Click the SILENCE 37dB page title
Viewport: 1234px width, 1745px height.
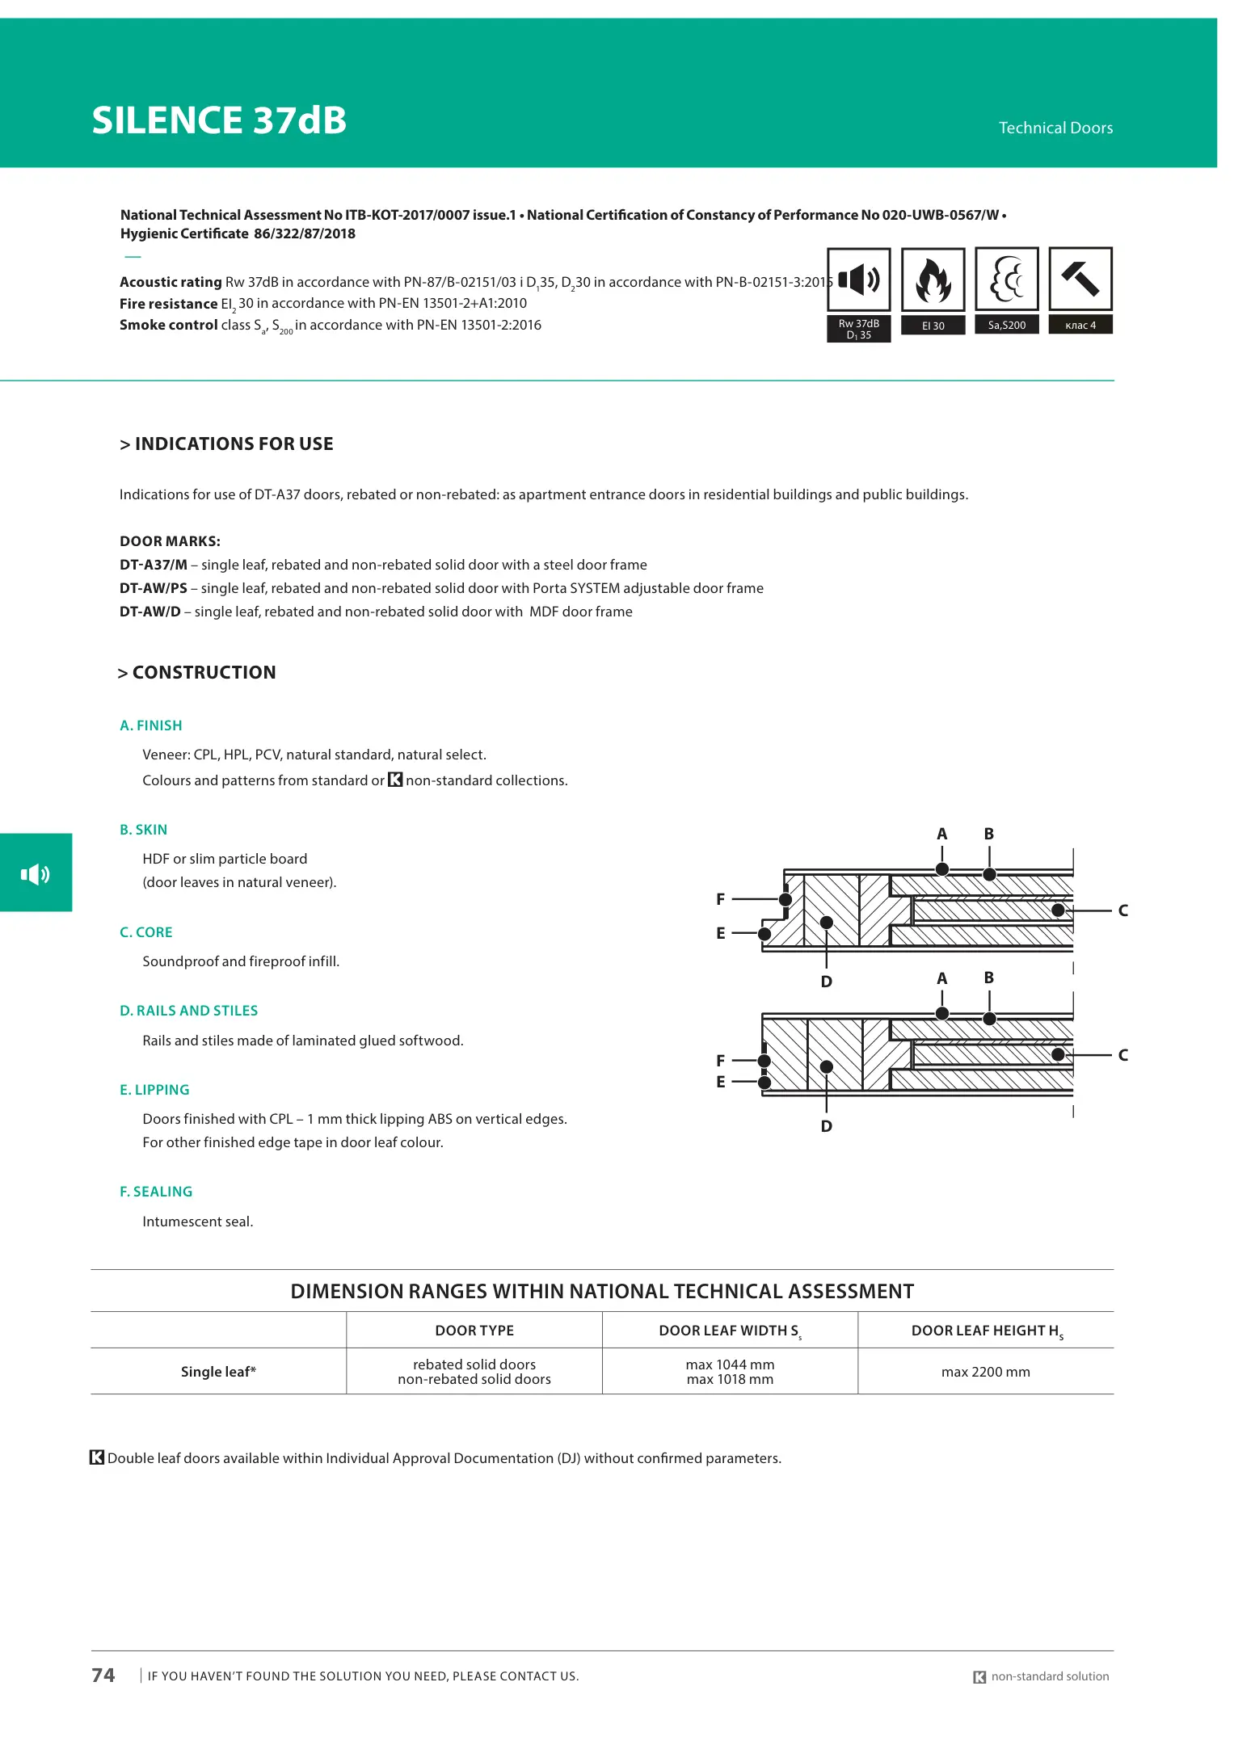[x=219, y=120]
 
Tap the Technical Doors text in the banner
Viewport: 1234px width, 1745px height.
[x=1055, y=128]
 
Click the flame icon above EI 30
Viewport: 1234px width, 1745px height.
[x=933, y=280]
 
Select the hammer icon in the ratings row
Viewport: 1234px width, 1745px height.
[x=1080, y=279]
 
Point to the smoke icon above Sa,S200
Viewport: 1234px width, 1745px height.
[x=1006, y=280]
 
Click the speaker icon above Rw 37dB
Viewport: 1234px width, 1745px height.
[x=858, y=280]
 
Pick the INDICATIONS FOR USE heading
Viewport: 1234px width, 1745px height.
[x=226, y=444]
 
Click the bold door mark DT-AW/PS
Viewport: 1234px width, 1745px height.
[x=154, y=588]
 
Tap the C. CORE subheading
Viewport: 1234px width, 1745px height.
[x=146, y=932]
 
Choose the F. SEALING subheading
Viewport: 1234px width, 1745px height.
[x=156, y=1192]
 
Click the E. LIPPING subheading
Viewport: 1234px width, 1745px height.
[x=154, y=1090]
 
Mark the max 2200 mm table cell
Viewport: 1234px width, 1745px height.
[x=985, y=1372]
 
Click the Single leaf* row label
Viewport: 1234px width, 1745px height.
[x=218, y=1372]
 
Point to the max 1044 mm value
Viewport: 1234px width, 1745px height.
[x=730, y=1364]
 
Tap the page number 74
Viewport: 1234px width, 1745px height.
[x=103, y=1676]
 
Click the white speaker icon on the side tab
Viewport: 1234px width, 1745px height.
[x=36, y=873]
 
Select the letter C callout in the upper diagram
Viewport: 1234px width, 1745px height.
[x=1122, y=910]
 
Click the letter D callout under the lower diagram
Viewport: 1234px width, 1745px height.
[x=826, y=1126]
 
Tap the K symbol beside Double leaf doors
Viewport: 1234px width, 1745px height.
[x=97, y=1457]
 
